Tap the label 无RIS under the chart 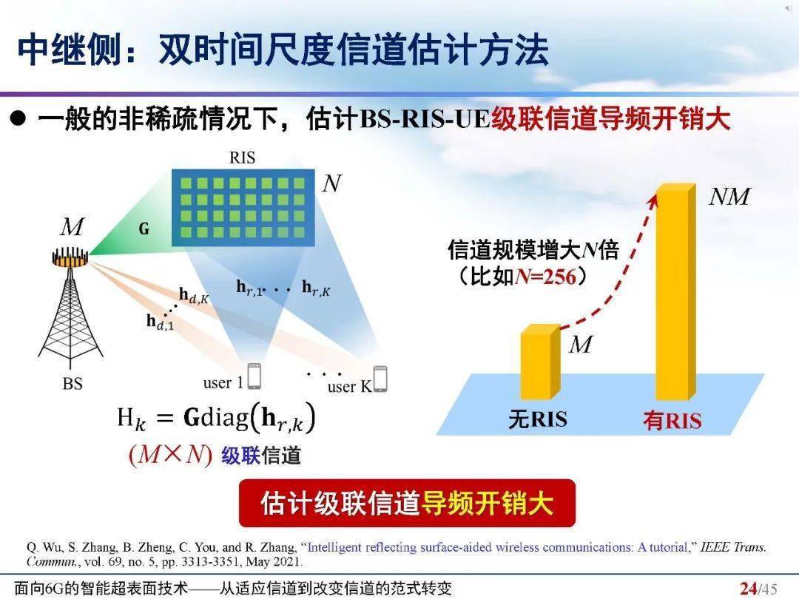[x=538, y=420]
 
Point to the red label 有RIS [x=672, y=421]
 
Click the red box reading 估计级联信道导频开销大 [x=407, y=503]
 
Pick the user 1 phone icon [x=254, y=376]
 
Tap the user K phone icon [x=380, y=379]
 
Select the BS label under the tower [x=73, y=384]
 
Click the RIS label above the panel [x=242, y=158]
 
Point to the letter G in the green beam [x=144, y=229]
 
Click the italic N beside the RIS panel [x=331, y=184]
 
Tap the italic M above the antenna [x=72, y=227]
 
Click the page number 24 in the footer [x=748, y=589]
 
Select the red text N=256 [x=549, y=278]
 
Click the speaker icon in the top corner [x=787, y=8]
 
